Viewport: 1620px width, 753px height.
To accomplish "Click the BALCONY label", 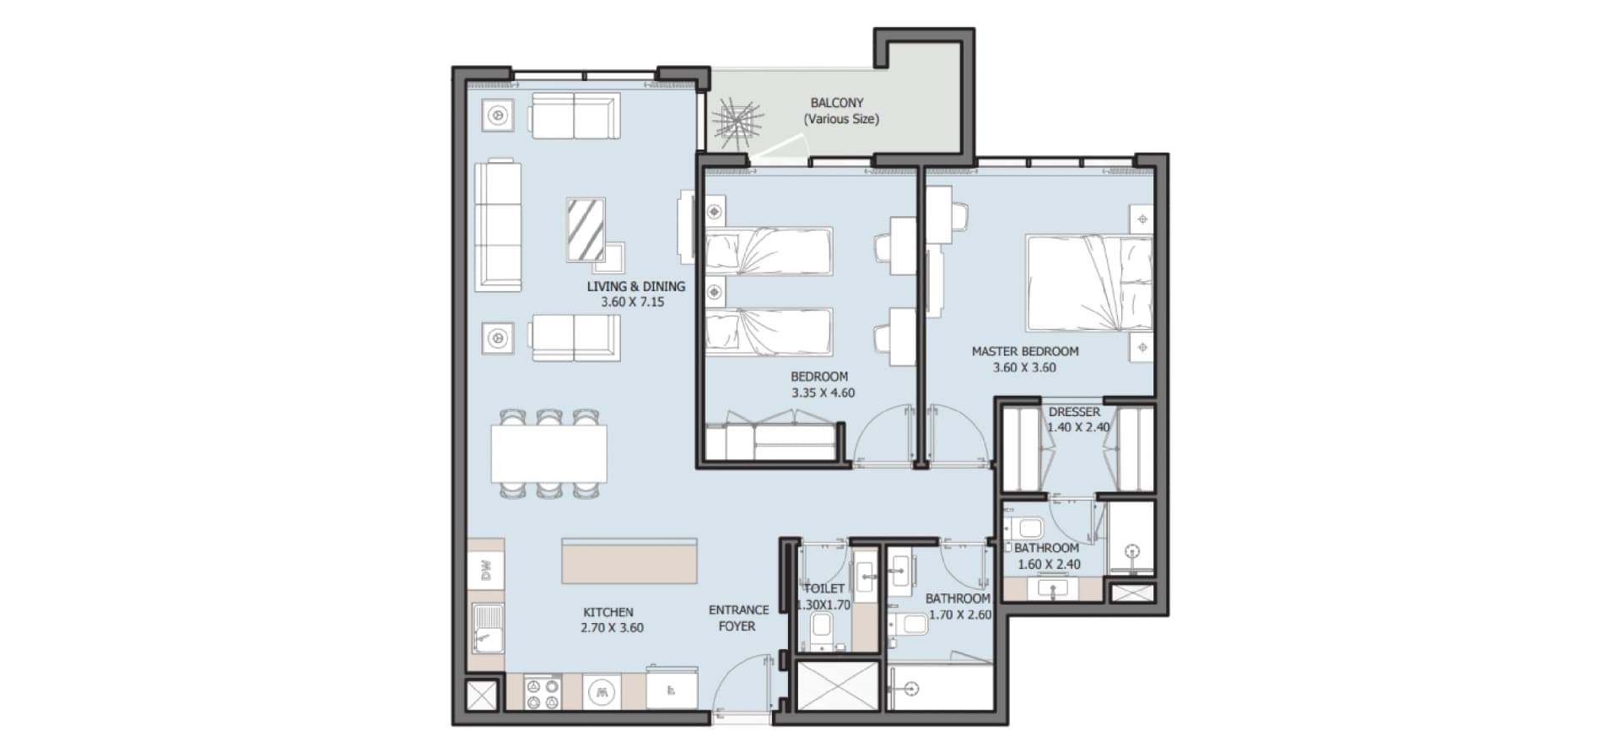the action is click(837, 103).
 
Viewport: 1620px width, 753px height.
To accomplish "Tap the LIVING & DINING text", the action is click(636, 286).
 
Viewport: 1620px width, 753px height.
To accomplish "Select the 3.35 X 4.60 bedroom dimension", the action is click(823, 393).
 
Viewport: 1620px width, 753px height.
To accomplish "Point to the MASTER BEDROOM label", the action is click(1025, 351).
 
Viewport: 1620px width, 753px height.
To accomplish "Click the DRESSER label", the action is click(1074, 412).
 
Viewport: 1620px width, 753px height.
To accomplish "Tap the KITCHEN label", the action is click(608, 612).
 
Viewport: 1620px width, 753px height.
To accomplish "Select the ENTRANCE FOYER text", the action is click(738, 618).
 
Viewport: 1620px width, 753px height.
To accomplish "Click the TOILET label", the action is click(824, 588).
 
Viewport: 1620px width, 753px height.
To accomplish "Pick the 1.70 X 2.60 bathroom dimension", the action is click(960, 615).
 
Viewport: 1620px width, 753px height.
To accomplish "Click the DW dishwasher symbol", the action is click(486, 572).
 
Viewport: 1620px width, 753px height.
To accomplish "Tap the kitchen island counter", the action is click(629, 561).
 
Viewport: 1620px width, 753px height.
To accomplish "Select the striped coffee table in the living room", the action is click(586, 229).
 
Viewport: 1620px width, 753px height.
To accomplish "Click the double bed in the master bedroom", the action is click(1089, 283).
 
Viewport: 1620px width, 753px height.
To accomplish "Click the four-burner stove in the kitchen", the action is click(543, 692).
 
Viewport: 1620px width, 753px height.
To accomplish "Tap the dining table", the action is click(549, 453).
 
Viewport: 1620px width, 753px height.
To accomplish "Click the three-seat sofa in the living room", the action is click(498, 225).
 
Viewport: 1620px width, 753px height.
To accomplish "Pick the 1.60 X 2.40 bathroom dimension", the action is click(1049, 565).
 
